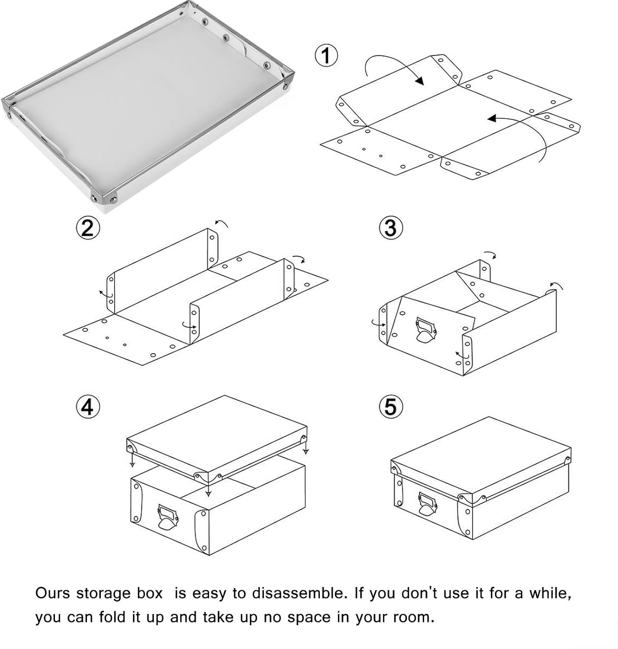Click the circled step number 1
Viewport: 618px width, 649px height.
pyautogui.click(x=326, y=56)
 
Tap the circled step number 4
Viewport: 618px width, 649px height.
pyautogui.click(x=87, y=407)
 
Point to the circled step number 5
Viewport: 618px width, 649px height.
pyautogui.click(x=390, y=407)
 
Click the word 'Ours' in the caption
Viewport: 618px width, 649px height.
pyautogui.click(x=53, y=593)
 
